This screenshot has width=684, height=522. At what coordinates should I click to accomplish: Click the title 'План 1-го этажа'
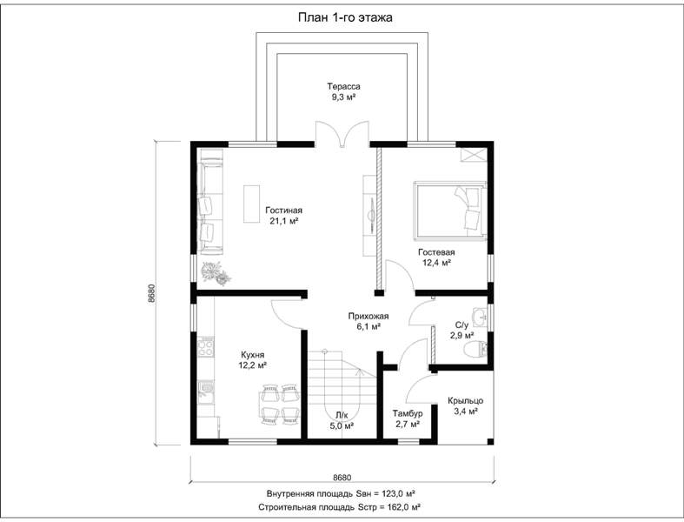pyautogui.click(x=345, y=17)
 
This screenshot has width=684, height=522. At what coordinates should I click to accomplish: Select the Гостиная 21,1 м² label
pyautogui.click(x=283, y=216)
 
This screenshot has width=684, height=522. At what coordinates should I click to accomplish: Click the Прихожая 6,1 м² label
pyautogui.click(x=369, y=321)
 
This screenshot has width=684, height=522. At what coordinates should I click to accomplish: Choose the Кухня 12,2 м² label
pyautogui.click(x=253, y=360)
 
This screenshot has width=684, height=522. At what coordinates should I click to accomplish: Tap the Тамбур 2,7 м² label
pyautogui.click(x=408, y=418)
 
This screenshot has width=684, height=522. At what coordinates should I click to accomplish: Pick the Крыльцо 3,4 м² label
pyautogui.click(x=466, y=405)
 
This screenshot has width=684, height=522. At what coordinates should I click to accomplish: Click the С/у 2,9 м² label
pyautogui.click(x=462, y=331)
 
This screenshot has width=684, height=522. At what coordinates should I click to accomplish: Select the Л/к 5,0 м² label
pyautogui.click(x=342, y=420)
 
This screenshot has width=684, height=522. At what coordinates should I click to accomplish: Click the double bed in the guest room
pyautogui.click(x=449, y=211)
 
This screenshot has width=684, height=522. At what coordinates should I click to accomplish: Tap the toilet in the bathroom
pyautogui.click(x=475, y=350)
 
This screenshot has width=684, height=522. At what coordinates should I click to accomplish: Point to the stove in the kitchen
pyautogui.click(x=205, y=347)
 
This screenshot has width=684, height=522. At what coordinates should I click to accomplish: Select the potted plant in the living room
pyautogui.click(x=216, y=273)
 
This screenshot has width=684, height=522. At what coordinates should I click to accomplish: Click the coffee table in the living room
pyautogui.click(x=252, y=204)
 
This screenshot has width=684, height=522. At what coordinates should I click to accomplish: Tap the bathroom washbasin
pyautogui.click(x=480, y=317)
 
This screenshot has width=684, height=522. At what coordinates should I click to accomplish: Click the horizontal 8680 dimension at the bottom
pyautogui.click(x=342, y=478)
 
